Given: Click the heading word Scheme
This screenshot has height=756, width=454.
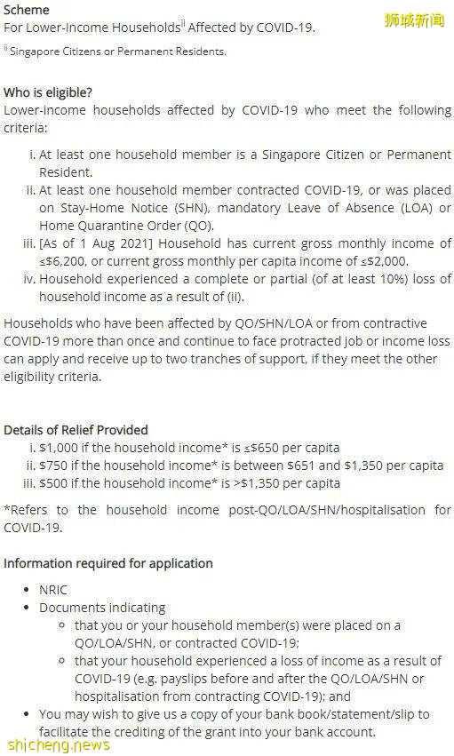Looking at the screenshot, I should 27,10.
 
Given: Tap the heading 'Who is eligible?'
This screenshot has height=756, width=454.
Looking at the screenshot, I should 48,92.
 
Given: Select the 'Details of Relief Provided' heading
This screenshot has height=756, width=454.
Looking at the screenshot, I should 76,430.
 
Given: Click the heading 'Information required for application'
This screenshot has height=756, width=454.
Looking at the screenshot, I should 108,563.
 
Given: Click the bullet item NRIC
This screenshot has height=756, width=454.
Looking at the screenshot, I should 53,590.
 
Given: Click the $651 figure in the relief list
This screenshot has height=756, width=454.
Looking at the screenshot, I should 335,466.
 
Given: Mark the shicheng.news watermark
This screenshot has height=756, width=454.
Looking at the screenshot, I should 58,744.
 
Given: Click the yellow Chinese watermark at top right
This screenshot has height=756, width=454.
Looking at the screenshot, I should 414,20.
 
